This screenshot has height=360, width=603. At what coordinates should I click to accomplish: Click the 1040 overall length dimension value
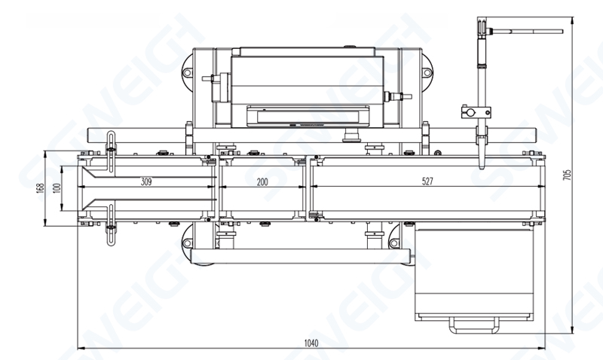pyautogui.click(x=311, y=343)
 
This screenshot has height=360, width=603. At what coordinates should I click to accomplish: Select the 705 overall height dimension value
pyautogui.click(x=568, y=175)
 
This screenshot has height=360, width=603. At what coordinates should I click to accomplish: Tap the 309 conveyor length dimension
pyautogui.click(x=146, y=182)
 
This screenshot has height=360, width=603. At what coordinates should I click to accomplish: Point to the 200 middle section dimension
pyautogui.click(x=262, y=182)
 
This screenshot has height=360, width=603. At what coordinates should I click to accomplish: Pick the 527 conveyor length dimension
pyautogui.click(x=427, y=182)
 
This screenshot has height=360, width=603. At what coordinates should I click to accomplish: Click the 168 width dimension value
pyautogui.click(x=41, y=188)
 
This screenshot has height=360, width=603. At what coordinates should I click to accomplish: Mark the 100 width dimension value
pyautogui.click(x=57, y=188)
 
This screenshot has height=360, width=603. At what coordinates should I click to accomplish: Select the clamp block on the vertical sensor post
pyautogui.click(x=476, y=112)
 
